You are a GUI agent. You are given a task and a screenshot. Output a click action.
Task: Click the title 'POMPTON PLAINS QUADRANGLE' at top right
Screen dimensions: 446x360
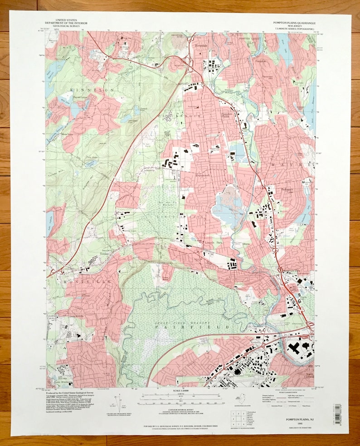tap(294, 22)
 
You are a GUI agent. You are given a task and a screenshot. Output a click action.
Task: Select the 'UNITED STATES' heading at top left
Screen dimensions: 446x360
tap(66, 20)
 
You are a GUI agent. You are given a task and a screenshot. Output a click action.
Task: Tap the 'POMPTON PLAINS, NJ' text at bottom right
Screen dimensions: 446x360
tap(299, 420)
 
